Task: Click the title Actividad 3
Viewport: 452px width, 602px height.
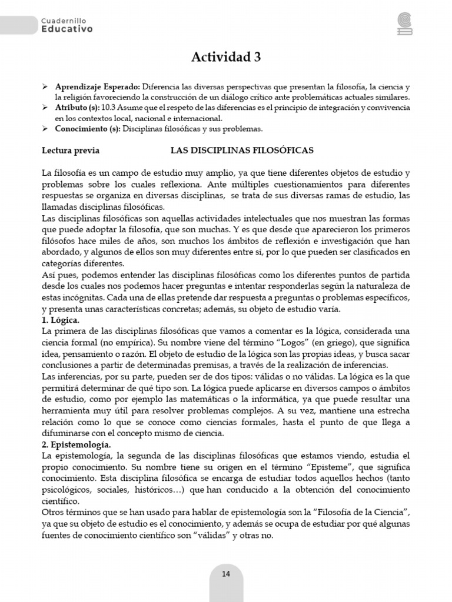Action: (x=226, y=57)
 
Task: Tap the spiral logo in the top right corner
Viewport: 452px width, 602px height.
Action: (x=406, y=25)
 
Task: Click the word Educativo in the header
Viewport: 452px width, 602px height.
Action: (x=67, y=29)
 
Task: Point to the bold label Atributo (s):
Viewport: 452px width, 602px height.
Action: (x=77, y=108)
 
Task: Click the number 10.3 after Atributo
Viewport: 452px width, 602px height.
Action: (x=108, y=108)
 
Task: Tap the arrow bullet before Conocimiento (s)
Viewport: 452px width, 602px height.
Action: (x=45, y=128)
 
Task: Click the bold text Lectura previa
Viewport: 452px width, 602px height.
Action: (x=71, y=150)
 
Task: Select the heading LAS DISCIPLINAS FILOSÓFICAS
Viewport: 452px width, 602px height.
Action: (x=242, y=150)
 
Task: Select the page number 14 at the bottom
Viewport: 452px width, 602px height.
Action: (x=226, y=574)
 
